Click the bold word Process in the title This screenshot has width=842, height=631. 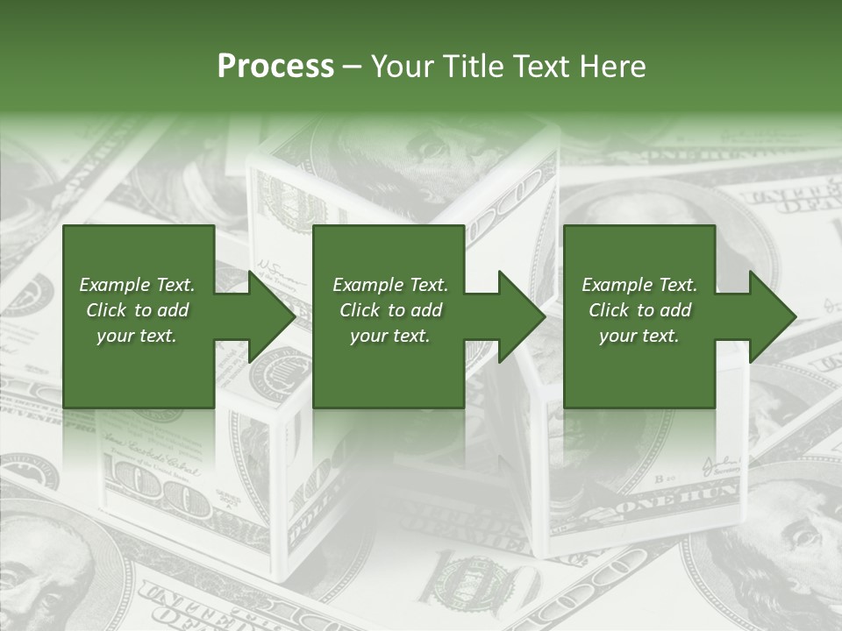pyautogui.click(x=275, y=67)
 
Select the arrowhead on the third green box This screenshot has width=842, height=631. pyautogui.click(x=771, y=316)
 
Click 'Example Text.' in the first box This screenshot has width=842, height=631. pyautogui.click(x=137, y=285)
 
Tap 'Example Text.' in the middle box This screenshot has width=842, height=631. pyautogui.click(x=390, y=285)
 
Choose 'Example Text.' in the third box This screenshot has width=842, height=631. pyautogui.click(x=639, y=285)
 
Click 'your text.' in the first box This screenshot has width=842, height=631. pyautogui.click(x=137, y=336)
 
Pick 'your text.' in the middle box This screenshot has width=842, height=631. pyautogui.click(x=390, y=336)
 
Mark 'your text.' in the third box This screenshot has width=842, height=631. pyautogui.click(x=639, y=336)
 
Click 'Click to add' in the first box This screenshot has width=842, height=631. pyautogui.click(x=137, y=310)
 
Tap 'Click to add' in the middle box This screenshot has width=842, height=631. pyautogui.click(x=390, y=310)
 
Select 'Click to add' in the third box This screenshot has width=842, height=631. pyautogui.click(x=639, y=310)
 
